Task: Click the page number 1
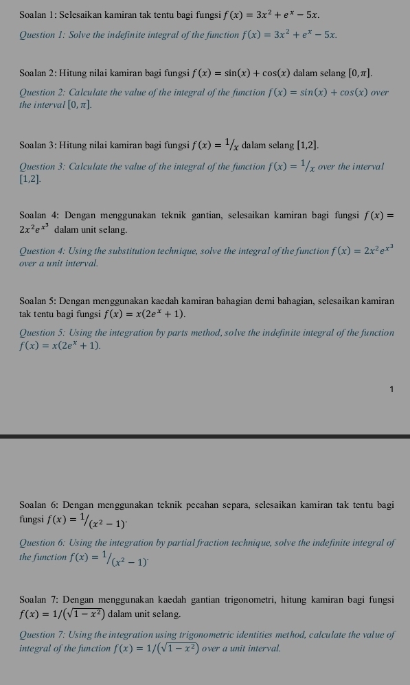(x=391, y=389)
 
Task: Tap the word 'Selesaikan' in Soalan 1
(x=86, y=14)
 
